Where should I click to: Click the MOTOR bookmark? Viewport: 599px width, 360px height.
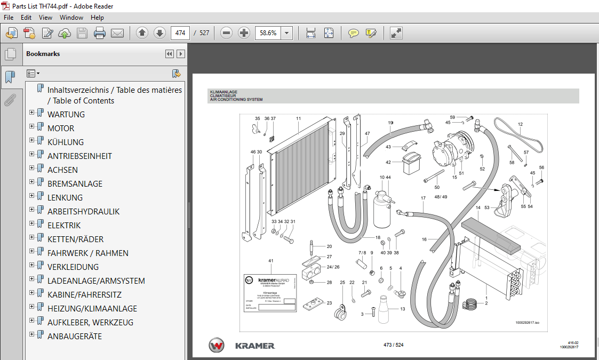[61, 129]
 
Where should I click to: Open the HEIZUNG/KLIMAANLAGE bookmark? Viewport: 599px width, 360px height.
[92, 309]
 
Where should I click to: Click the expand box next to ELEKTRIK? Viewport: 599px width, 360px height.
[32, 225]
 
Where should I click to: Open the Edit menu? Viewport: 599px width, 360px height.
[26, 18]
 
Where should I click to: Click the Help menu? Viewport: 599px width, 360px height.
[97, 18]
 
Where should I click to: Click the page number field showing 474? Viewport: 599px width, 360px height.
[180, 33]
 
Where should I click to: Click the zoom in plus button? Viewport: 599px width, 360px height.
[244, 33]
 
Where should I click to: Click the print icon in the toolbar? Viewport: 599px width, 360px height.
[100, 33]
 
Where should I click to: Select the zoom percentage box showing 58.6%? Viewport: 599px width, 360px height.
[268, 33]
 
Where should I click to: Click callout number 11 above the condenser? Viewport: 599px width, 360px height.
[299, 118]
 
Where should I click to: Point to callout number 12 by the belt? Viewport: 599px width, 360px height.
[520, 124]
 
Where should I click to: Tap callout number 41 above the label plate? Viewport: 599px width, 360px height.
[271, 261]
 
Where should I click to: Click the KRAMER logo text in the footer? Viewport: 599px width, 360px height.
[255, 346]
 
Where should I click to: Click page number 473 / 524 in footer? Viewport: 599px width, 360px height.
[394, 345]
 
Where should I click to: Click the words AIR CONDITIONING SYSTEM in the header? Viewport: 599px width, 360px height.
[236, 100]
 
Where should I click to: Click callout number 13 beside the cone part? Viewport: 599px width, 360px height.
[403, 309]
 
